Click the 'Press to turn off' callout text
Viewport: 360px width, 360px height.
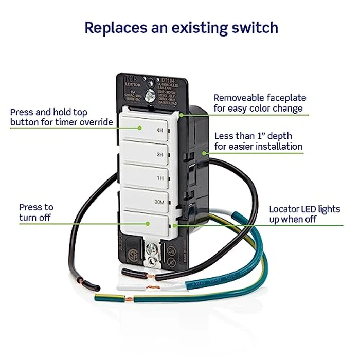36,212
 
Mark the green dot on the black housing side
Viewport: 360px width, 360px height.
204,152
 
